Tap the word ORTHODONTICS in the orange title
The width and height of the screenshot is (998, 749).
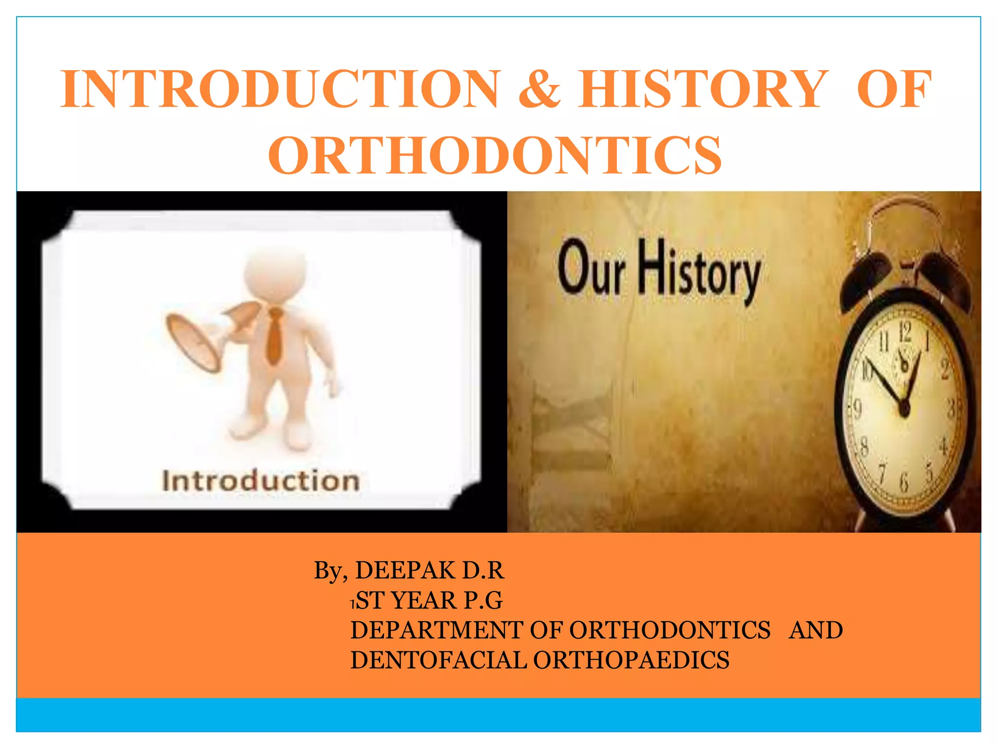tap(495, 155)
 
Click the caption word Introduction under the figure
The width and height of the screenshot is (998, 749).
tap(261, 481)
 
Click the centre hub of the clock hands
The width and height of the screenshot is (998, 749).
tap(904, 409)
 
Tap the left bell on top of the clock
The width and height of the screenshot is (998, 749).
tap(865, 276)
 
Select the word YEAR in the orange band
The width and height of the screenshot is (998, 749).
tap(424, 600)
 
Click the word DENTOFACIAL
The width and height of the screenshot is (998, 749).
tap(438, 660)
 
